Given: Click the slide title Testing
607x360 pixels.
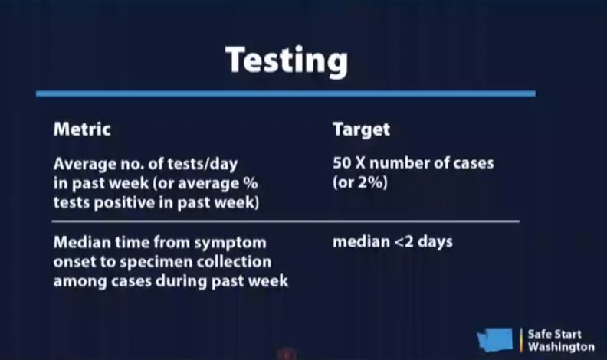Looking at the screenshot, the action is coord(287,61).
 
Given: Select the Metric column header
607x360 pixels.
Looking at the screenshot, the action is coord(82,129).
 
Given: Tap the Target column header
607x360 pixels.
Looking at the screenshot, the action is coord(361,130).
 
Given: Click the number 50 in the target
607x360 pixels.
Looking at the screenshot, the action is coord(342,163).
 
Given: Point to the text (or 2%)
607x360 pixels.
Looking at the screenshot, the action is coord(360,182).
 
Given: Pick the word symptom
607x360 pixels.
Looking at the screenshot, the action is coord(230,244).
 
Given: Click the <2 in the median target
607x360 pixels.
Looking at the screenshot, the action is coord(404,242).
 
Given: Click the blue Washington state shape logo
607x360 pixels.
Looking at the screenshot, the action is coord(495,339).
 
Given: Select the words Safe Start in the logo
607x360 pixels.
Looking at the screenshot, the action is coord(554,334).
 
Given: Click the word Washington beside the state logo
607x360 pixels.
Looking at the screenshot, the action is coord(561,347).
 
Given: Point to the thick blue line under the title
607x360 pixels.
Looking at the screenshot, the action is coord(286,93).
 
